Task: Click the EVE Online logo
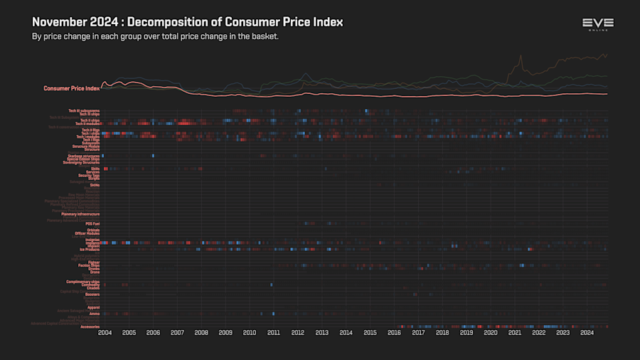pyautogui.click(x=597, y=24)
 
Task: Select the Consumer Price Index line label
pyautogui.click(x=71, y=88)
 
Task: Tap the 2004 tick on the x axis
pyautogui.click(x=105, y=332)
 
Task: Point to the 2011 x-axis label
pyautogui.click(x=274, y=332)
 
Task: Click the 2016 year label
pyautogui.click(x=394, y=332)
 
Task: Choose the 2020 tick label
pyautogui.click(x=491, y=332)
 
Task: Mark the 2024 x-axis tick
pyautogui.click(x=587, y=332)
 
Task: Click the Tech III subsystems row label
pyautogui.click(x=84, y=110)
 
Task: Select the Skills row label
pyautogui.click(x=95, y=169)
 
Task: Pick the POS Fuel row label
pyautogui.click(x=92, y=223)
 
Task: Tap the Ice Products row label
pyautogui.click(x=89, y=250)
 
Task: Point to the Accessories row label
pyautogui.click(x=90, y=327)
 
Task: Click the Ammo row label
pyautogui.click(x=95, y=314)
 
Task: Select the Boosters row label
pyautogui.click(x=92, y=295)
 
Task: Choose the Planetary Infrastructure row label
pyautogui.click(x=80, y=214)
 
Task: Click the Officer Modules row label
pyautogui.click(x=87, y=233)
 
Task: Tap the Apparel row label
pyautogui.click(x=93, y=307)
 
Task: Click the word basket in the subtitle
pyautogui.click(x=261, y=36)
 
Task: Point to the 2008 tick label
pyautogui.click(x=201, y=332)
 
